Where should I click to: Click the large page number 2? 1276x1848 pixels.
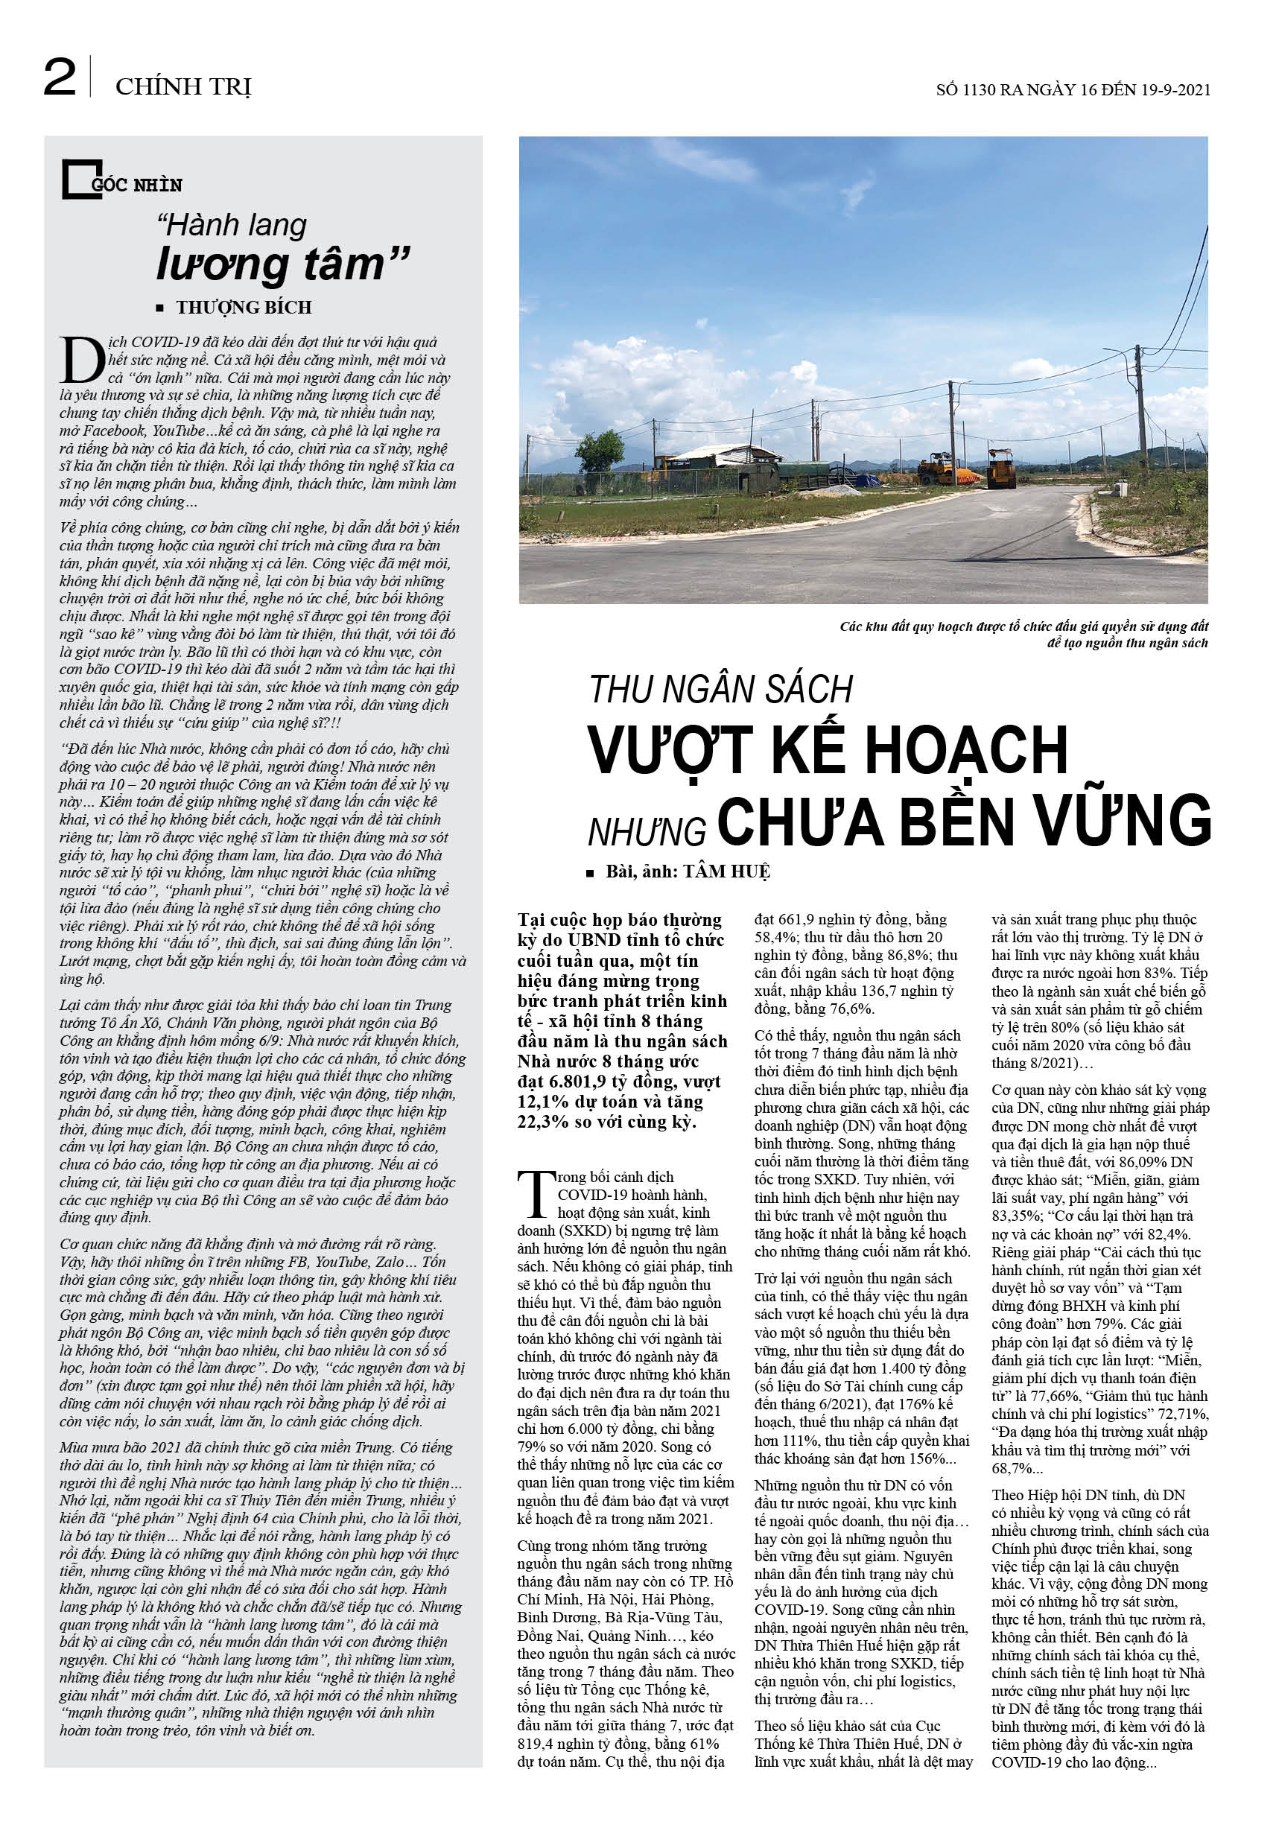click(x=60, y=78)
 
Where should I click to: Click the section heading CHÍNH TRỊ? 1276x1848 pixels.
click(x=183, y=86)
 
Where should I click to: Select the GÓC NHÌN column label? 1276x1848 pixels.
click(x=137, y=185)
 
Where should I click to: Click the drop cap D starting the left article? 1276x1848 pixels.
click(x=81, y=361)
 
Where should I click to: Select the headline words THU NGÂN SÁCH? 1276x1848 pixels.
click(x=721, y=690)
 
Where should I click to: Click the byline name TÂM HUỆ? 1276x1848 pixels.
click(x=726, y=872)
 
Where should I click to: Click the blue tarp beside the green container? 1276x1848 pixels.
click(x=862, y=481)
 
